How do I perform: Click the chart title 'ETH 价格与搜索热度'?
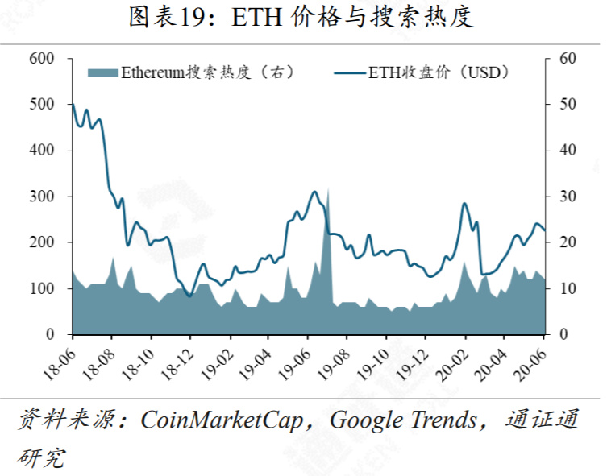302,18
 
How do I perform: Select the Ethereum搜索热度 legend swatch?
102,72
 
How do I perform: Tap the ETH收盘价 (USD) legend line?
348,72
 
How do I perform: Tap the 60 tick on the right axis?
568,59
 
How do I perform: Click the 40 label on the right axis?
568,151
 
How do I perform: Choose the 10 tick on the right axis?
568,288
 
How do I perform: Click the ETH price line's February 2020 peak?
464,203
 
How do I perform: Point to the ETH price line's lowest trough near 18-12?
189,296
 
